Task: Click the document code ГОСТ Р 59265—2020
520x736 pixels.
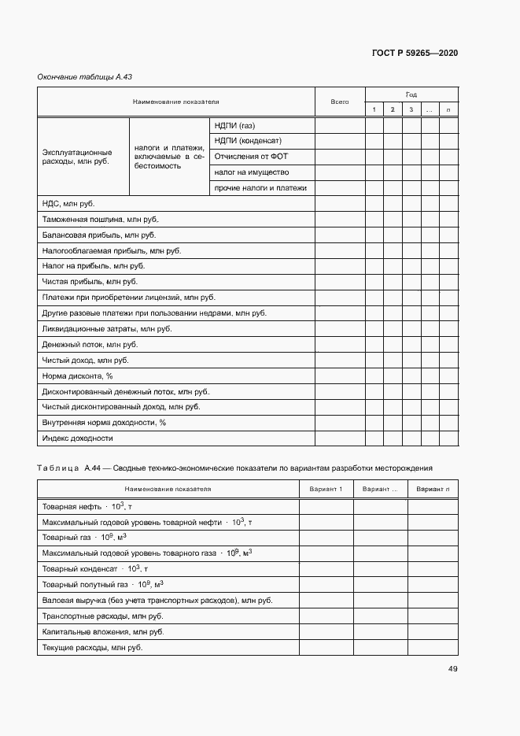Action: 414,54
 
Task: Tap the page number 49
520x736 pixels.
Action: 452,669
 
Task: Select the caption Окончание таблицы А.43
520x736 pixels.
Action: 77,76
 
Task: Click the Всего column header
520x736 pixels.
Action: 339,102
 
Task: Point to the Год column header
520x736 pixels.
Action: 411,94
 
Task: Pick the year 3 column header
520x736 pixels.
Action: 411,109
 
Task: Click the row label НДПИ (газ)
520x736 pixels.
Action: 234,126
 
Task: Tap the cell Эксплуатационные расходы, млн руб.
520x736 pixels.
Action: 76,157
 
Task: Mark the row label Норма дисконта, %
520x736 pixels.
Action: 78,375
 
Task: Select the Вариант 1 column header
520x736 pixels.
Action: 326,490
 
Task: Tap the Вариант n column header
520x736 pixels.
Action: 433,490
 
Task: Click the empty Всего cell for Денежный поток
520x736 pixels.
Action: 339,344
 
